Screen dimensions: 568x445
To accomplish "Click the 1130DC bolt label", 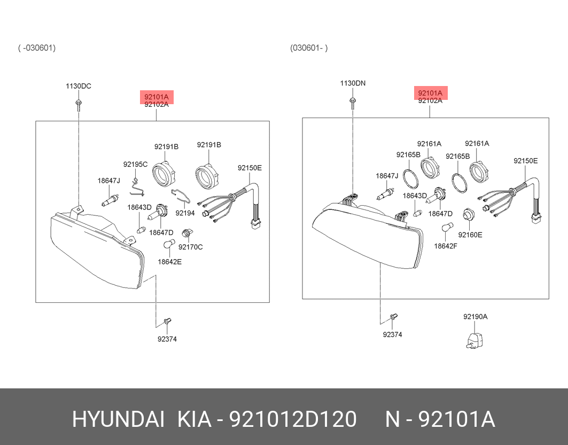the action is pos(78,86).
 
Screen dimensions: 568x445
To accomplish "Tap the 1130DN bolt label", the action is pos(353,83).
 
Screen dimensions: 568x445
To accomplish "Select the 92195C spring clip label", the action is pos(136,165).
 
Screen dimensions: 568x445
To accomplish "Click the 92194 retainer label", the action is pos(185,213).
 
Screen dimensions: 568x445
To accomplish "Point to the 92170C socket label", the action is pos(191,247).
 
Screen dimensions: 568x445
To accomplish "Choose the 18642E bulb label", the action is pos(169,262).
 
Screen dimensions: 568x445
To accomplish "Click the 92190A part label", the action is pos(475,317).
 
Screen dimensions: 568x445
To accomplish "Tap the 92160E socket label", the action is pos(470,235).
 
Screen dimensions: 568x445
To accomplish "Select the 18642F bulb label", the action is pos(446,246).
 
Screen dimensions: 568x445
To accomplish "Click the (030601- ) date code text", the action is pos(309,48).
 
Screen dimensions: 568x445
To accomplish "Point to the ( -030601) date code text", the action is pos(37,48).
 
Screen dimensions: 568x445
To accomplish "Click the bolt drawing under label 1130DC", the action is pos(78,104).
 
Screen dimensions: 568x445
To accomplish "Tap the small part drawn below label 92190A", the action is pos(473,340).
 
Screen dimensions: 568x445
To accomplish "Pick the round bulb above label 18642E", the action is pos(169,245).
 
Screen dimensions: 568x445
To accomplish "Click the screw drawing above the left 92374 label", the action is pos(167,321).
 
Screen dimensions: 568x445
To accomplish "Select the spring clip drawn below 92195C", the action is pos(137,188).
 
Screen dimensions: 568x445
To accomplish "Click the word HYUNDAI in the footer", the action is pos(119,420).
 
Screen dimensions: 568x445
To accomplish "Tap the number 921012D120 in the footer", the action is pos(293,420).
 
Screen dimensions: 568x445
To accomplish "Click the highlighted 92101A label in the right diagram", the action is pos(430,93).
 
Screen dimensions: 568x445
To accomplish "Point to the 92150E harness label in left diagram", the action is pos(250,168).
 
